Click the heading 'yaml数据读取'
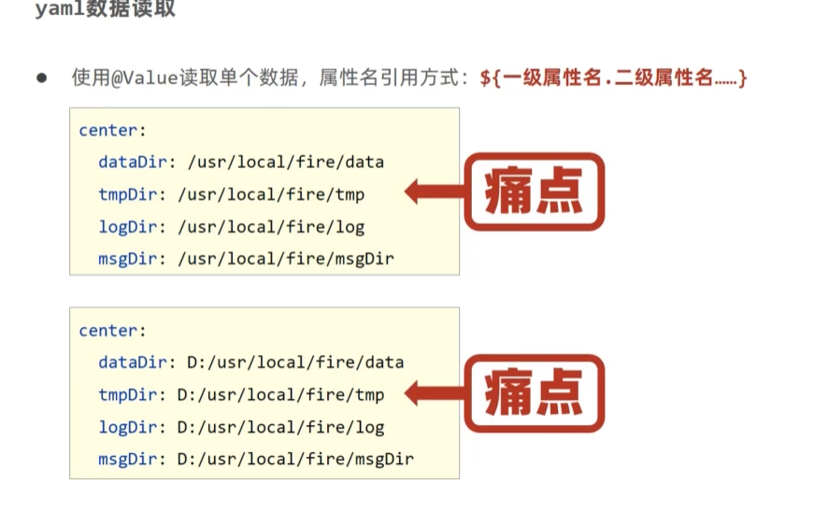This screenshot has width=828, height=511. tap(105, 10)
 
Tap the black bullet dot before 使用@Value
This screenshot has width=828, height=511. tap(41, 78)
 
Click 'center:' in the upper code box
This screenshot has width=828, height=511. tap(113, 130)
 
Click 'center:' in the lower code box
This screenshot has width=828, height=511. tap(113, 330)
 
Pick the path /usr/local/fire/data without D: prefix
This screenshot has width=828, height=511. tap(286, 162)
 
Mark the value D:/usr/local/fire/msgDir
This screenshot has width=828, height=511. tap(295, 460)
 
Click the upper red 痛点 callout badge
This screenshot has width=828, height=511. tap(535, 192)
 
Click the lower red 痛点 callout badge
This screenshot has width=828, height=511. tap(535, 392)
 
